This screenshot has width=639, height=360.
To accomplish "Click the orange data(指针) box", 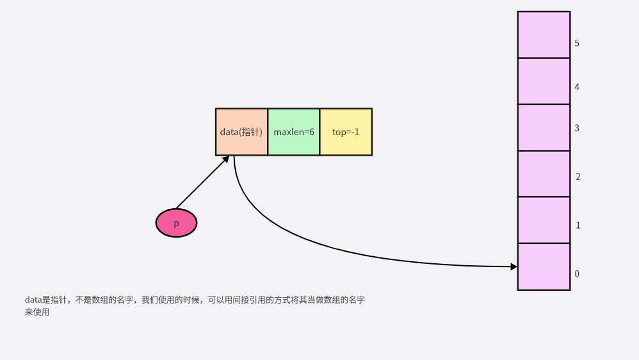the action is (241, 132).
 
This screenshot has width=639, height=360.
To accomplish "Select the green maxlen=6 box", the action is (293, 132).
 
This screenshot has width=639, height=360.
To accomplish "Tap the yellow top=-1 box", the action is (346, 132).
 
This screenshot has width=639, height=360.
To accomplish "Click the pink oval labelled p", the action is (176, 224).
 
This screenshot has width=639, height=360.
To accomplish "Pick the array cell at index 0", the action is (544, 266).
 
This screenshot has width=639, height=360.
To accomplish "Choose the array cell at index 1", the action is (544, 220).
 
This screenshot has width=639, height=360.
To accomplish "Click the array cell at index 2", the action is (544, 174).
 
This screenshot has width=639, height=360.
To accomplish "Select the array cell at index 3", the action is (544, 127).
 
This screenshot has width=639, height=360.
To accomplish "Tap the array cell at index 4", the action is (544, 81).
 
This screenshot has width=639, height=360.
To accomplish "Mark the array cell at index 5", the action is (544, 35).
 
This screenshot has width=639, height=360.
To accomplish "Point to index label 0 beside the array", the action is (577, 274).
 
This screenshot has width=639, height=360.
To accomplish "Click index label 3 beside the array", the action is (577, 128).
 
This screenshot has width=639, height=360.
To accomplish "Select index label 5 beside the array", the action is (577, 44).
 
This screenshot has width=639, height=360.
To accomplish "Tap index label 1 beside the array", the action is (578, 225).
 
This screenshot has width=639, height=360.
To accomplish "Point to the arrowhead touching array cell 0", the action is (514, 266).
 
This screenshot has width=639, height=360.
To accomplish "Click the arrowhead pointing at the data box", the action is (225, 160).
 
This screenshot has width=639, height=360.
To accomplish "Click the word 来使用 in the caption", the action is (37, 313).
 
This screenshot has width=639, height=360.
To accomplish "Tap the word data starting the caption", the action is (33, 300).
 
